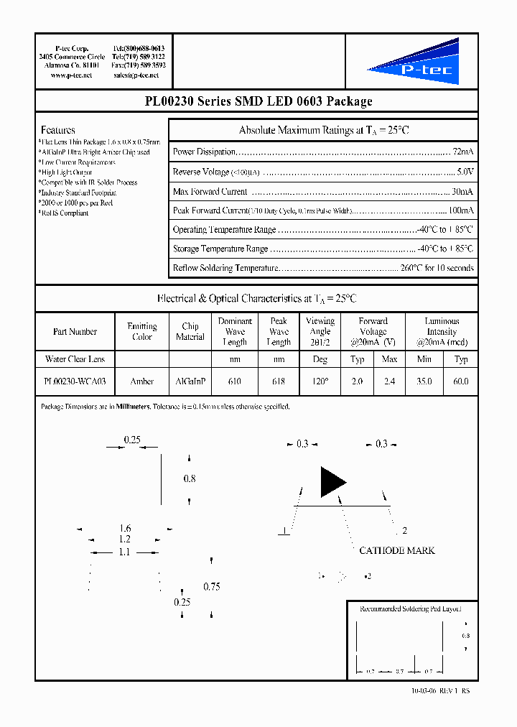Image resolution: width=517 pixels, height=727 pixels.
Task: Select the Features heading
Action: point(58,130)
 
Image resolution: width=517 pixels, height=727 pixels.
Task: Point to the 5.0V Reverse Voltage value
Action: point(465,172)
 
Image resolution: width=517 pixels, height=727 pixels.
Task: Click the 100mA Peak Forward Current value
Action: point(461,210)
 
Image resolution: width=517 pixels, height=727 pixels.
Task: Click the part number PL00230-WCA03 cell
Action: point(75,381)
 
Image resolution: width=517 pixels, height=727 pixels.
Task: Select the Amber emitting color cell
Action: point(142,381)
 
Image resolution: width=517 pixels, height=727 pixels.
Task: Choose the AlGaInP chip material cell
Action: point(190,381)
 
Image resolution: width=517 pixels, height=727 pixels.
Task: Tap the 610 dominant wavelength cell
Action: point(234,381)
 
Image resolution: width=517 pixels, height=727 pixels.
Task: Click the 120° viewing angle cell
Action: point(320,381)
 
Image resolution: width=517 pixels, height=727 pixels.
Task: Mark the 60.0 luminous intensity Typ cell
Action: point(461,381)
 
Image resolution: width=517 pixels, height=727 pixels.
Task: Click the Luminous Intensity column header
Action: point(442,331)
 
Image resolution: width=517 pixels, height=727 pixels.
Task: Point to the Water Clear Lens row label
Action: point(75,359)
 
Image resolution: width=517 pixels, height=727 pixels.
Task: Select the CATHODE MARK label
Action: point(397,550)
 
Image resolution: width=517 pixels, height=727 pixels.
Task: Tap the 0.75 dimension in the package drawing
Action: point(211,586)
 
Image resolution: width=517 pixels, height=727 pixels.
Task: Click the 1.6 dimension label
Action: point(125,528)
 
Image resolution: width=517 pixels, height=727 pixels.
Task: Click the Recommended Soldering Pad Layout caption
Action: point(410,608)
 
